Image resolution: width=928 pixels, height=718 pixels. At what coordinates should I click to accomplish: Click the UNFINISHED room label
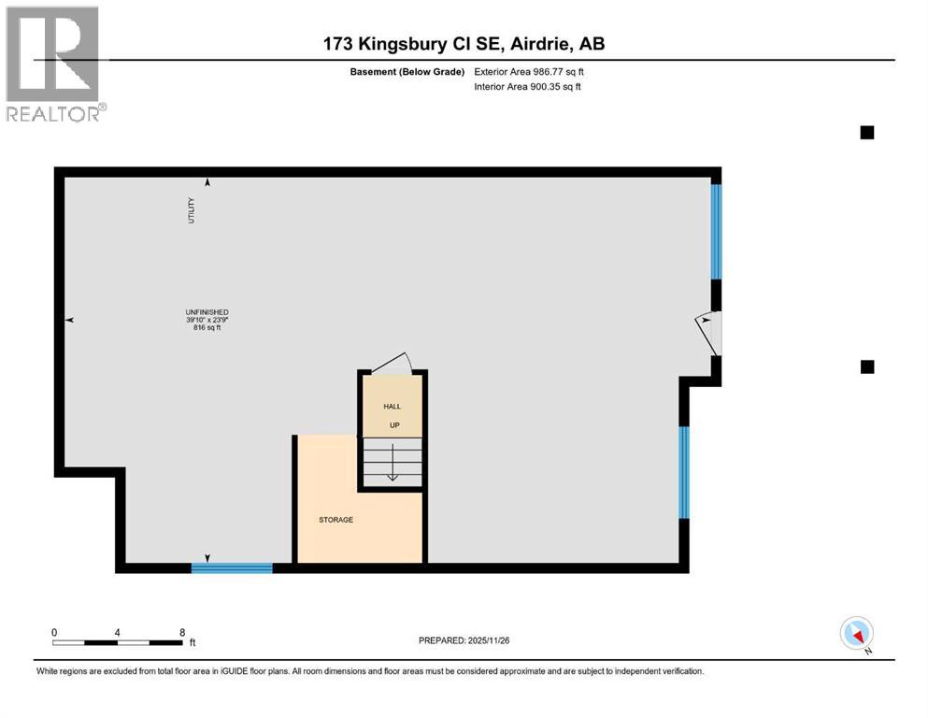pyautogui.click(x=207, y=312)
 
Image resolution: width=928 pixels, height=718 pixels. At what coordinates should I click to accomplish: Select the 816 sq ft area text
pyautogui.click(x=207, y=328)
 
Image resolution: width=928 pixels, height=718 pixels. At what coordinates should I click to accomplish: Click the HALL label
pyautogui.click(x=393, y=407)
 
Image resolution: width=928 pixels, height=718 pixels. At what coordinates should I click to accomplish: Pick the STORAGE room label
pyautogui.click(x=336, y=520)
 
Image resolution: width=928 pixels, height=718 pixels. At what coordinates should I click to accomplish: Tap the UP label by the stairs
pyautogui.click(x=393, y=425)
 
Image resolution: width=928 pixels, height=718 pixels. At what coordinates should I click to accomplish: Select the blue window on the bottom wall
pyautogui.click(x=232, y=567)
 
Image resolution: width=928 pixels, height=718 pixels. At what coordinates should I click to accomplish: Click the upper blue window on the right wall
pyautogui.click(x=716, y=232)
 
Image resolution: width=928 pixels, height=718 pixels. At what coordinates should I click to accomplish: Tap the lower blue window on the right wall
pyautogui.click(x=684, y=472)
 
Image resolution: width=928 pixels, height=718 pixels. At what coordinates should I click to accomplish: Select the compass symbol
pyautogui.click(x=857, y=634)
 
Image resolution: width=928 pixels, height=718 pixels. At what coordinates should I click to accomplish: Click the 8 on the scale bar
pyautogui.click(x=182, y=632)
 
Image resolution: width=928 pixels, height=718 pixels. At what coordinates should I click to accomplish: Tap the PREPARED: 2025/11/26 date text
pyautogui.click(x=464, y=640)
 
